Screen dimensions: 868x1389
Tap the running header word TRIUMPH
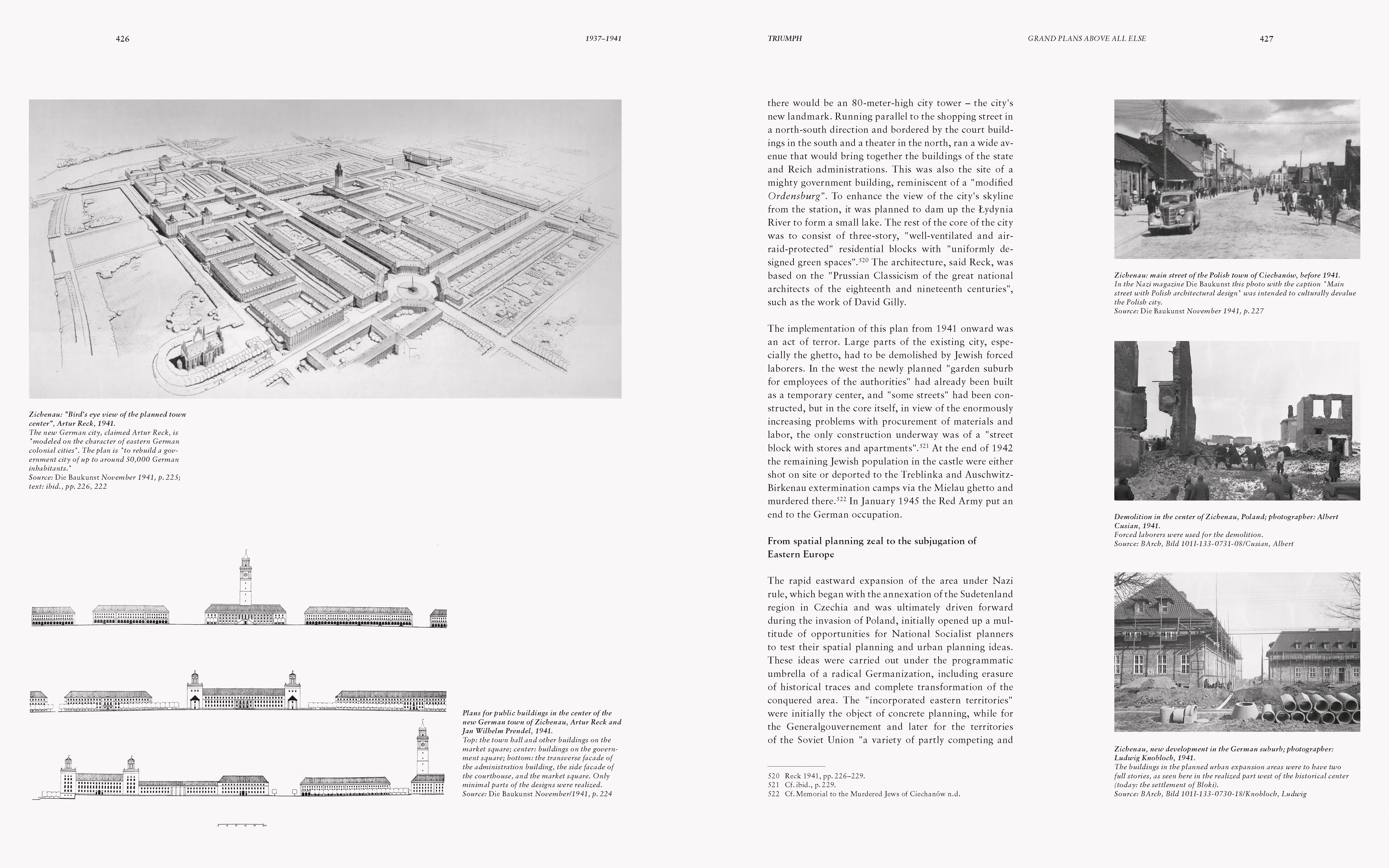[x=784, y=38]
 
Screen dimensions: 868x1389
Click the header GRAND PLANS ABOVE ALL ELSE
[x=1086, y=38]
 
